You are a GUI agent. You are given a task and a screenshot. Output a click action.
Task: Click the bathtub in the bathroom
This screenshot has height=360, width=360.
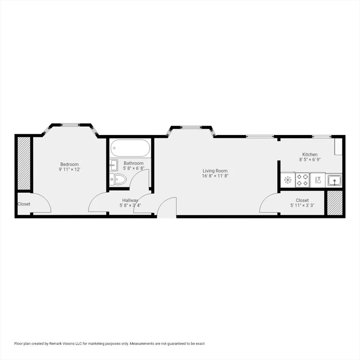(130, 150)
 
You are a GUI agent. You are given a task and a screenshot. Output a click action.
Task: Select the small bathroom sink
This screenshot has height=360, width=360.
(113, 164)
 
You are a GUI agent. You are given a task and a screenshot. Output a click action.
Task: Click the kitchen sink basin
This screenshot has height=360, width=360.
(335, 180)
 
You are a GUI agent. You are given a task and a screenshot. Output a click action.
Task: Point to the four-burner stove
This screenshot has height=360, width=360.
(302, 180)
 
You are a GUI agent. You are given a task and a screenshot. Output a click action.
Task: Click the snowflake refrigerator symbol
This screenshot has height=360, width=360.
(287, 180)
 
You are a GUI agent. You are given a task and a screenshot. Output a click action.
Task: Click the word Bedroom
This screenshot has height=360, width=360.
(69, 164)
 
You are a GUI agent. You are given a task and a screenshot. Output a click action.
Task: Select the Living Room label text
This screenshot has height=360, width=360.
(215, 171)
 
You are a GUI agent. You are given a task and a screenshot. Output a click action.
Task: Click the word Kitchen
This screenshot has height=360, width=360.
(310, 154)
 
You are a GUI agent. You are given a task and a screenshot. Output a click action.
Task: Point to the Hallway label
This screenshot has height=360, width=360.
(130, 200)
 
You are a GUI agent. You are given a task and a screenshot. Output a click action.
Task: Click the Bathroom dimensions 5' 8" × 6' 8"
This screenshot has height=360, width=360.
(134, 168)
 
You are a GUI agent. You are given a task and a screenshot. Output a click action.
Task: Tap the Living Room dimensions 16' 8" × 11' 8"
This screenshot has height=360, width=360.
(215, 176)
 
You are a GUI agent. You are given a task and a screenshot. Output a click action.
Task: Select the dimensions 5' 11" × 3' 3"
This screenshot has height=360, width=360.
(302, 205)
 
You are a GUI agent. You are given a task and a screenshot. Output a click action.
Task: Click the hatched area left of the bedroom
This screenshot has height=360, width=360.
(23, 164)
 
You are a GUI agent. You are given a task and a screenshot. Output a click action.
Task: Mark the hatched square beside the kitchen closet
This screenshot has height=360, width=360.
(335, 203)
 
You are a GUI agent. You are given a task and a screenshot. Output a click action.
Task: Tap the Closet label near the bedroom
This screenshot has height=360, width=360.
(24, 204)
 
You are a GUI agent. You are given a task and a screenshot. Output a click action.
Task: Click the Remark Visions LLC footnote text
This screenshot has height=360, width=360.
(110, 344)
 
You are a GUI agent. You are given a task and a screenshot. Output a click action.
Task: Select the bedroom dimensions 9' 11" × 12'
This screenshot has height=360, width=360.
(69, 170)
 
